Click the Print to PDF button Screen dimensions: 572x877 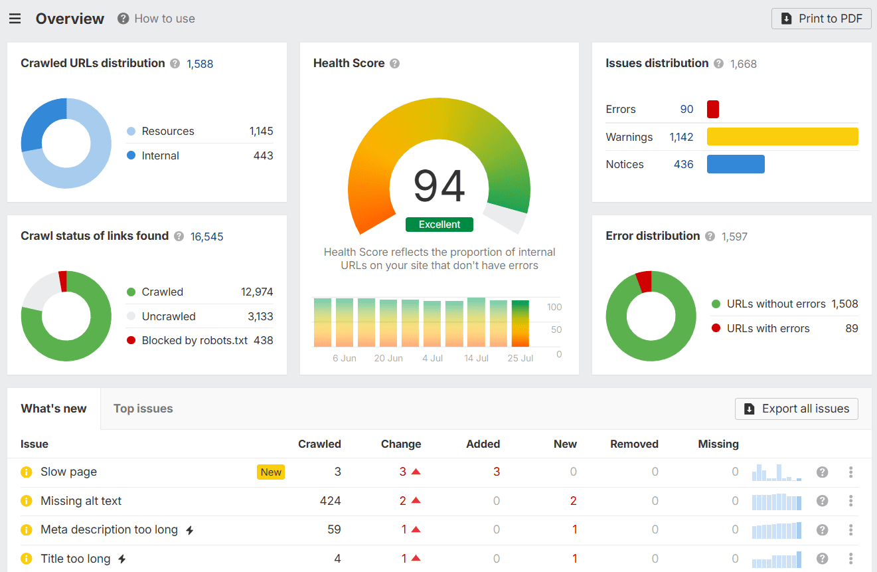[x=821, y=19]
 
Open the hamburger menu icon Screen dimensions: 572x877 [x=15, y=19]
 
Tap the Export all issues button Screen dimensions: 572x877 [x=796, y=409]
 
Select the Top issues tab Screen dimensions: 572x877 [x=143, y=409]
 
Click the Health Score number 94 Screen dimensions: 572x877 [x=439, y=187]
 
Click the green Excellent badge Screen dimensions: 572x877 [x=439, y=225]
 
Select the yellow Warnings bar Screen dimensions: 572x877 [x=782, y=137]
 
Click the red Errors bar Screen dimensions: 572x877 [x=712, y=109]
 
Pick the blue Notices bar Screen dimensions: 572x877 [x=736, y=164]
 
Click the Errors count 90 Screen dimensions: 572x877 [x=686, y=109]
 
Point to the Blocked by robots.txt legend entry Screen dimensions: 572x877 [x=195, y=340]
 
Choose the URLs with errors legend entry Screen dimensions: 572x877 [x=767, y=328]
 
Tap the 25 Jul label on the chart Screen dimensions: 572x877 [x=520, y=358]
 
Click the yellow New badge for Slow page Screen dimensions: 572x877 [x=271, y=472]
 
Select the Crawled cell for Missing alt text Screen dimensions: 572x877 [x=329, y=501]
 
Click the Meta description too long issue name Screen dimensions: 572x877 [x=109, y=529]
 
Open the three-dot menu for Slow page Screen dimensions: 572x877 [x=850, y=472]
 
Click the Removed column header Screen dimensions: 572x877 [x=634, y=444]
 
